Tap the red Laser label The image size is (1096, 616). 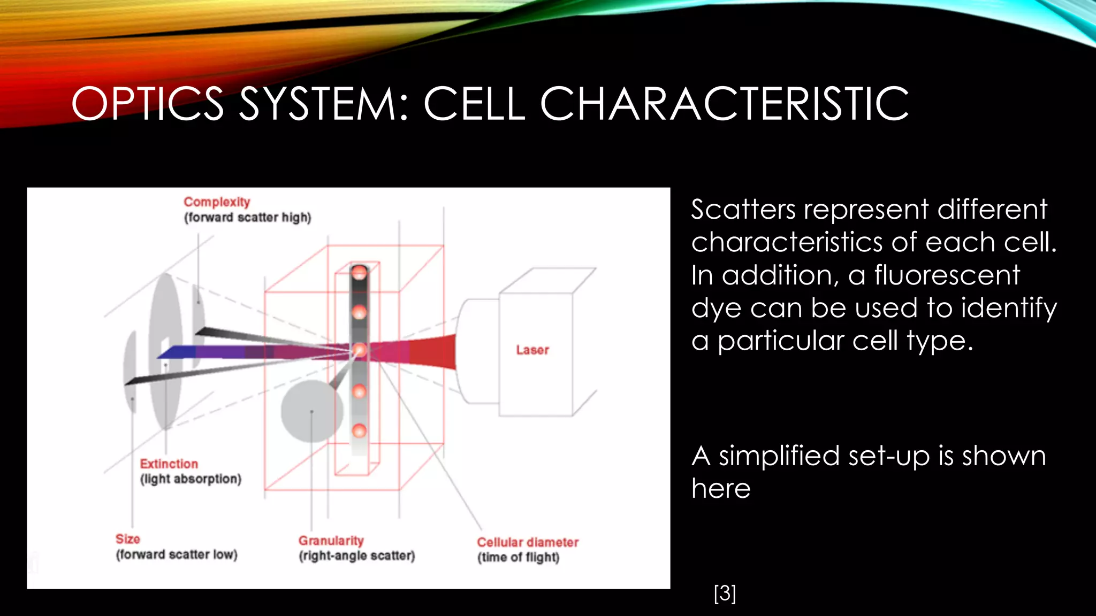click(x=532, y=350)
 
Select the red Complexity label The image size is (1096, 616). click(x=217, y=202)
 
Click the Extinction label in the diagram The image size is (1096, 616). click(x=169, y=464)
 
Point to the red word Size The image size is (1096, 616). click(x=127, y=539)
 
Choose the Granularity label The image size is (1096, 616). click(x=331, y=541)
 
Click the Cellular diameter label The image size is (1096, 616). click(x=527, y=542)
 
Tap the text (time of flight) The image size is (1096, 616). click(x=518, y=557)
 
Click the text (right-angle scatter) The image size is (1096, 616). click(x=356, y=556)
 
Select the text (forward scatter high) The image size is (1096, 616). click(x=247, y=218)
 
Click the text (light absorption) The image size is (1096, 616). click(x=191, y=479)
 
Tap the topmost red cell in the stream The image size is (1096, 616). click(x=359, y=273)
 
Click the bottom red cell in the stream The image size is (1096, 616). click(x=359, y=430)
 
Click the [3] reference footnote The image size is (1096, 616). click(x=725, y=593)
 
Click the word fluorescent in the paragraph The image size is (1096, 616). click(x=947, y=275)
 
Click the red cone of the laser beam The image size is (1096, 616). click(x=436, y=351)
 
